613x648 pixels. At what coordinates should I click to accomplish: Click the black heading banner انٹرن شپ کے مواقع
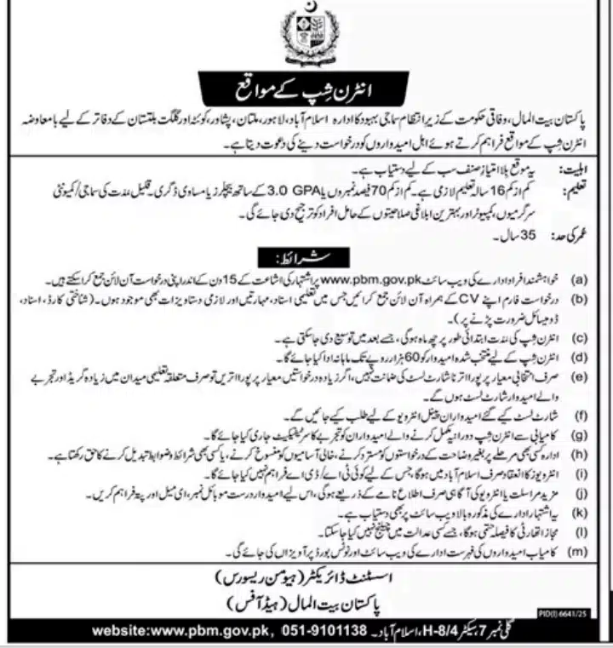pyautogui.click(x=306, y=89)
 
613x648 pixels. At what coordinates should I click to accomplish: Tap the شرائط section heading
pyautogui.click(x=307, y=256)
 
